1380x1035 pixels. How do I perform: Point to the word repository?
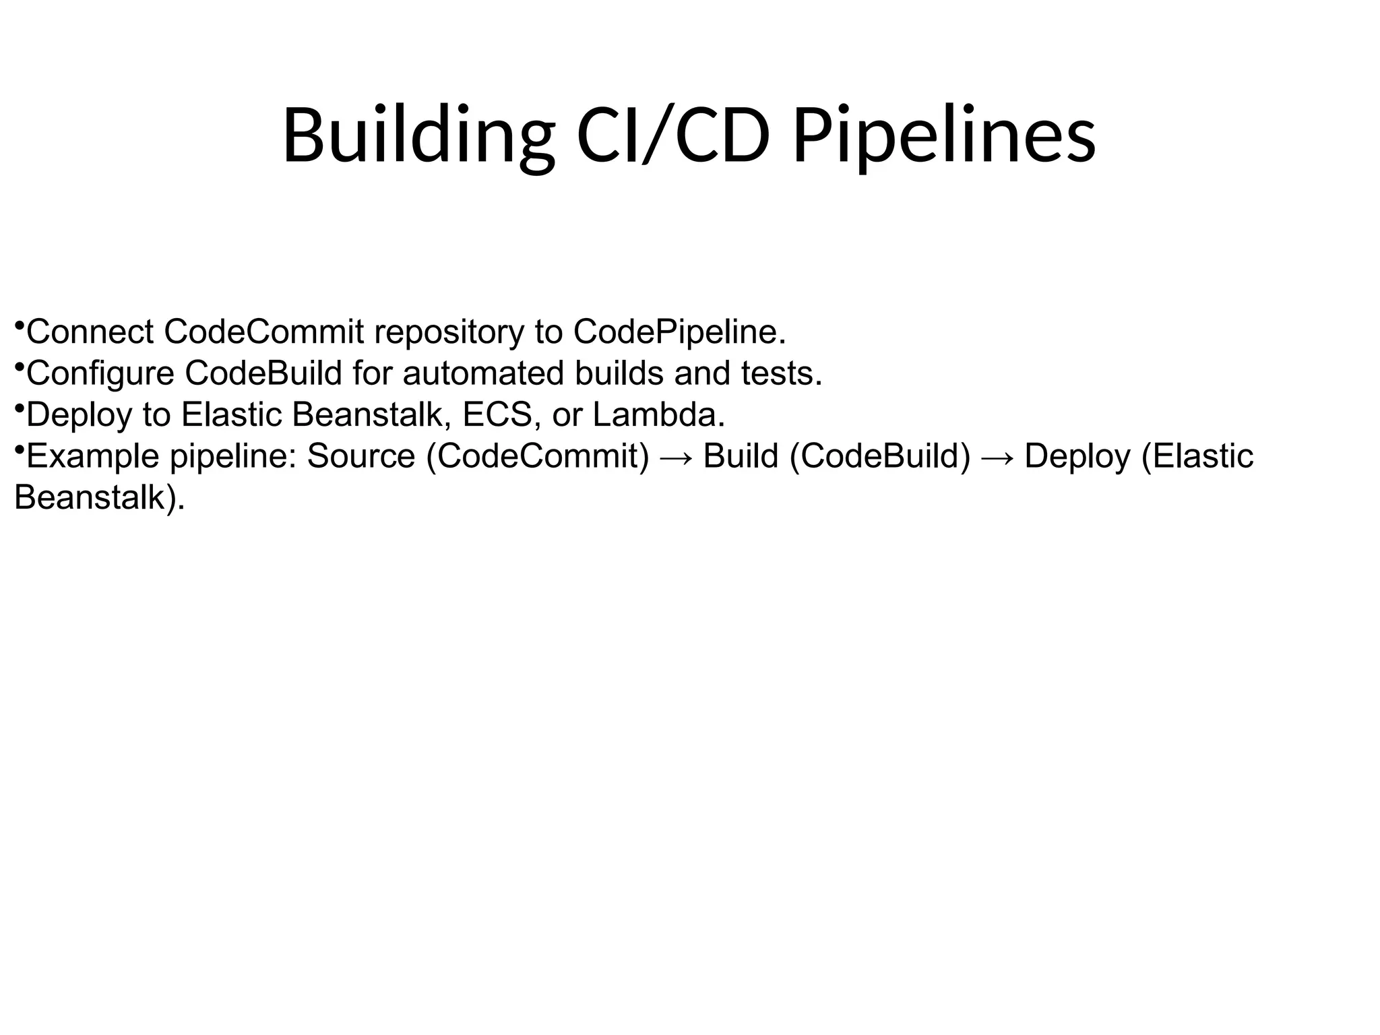(448, 333)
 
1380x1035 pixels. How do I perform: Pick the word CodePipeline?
(679, 332)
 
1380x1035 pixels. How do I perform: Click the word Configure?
(100, 374)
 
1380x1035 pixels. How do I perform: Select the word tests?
(782, 373)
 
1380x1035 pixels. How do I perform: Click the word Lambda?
(658, 414)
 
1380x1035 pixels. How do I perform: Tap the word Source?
(360, 456)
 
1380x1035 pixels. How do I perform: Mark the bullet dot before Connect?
(19, 325)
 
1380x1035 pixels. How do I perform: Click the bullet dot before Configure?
(19, 367)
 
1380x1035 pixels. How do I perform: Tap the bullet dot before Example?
(19, 449)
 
